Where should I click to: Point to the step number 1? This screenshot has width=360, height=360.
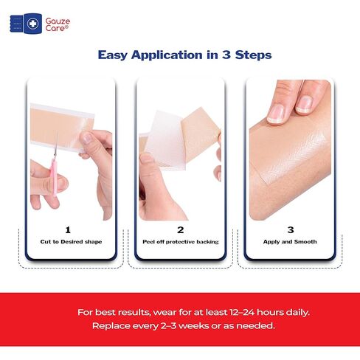tap(68, 229)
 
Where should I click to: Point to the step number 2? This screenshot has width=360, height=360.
tap(180, 229)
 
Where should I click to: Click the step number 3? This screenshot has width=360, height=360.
tap(290, 229)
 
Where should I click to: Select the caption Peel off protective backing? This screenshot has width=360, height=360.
tap(180, 242)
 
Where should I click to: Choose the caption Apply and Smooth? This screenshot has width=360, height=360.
tap(290, 242)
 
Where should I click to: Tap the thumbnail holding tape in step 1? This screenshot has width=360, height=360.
tap(87, 137)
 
